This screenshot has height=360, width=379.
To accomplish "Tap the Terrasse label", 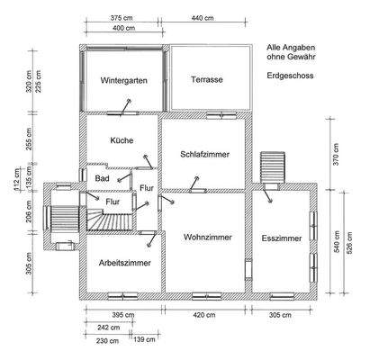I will click(x=207, y=80).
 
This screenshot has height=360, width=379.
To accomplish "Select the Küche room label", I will click(x=122, y=141).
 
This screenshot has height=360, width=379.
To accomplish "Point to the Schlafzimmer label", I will click(x=204, y=154).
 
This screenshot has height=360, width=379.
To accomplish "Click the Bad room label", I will click(x=102, y=179).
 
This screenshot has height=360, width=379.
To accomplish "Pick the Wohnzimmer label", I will click(x=207, y=238).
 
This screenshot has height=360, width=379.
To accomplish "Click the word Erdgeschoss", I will click(x=290, y=76).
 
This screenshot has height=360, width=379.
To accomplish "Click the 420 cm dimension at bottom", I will click(x=203, y=316).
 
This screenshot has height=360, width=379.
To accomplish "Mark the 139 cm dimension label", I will click(x=142, y=341).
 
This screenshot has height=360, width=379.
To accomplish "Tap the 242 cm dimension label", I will click(x=108, y=328).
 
